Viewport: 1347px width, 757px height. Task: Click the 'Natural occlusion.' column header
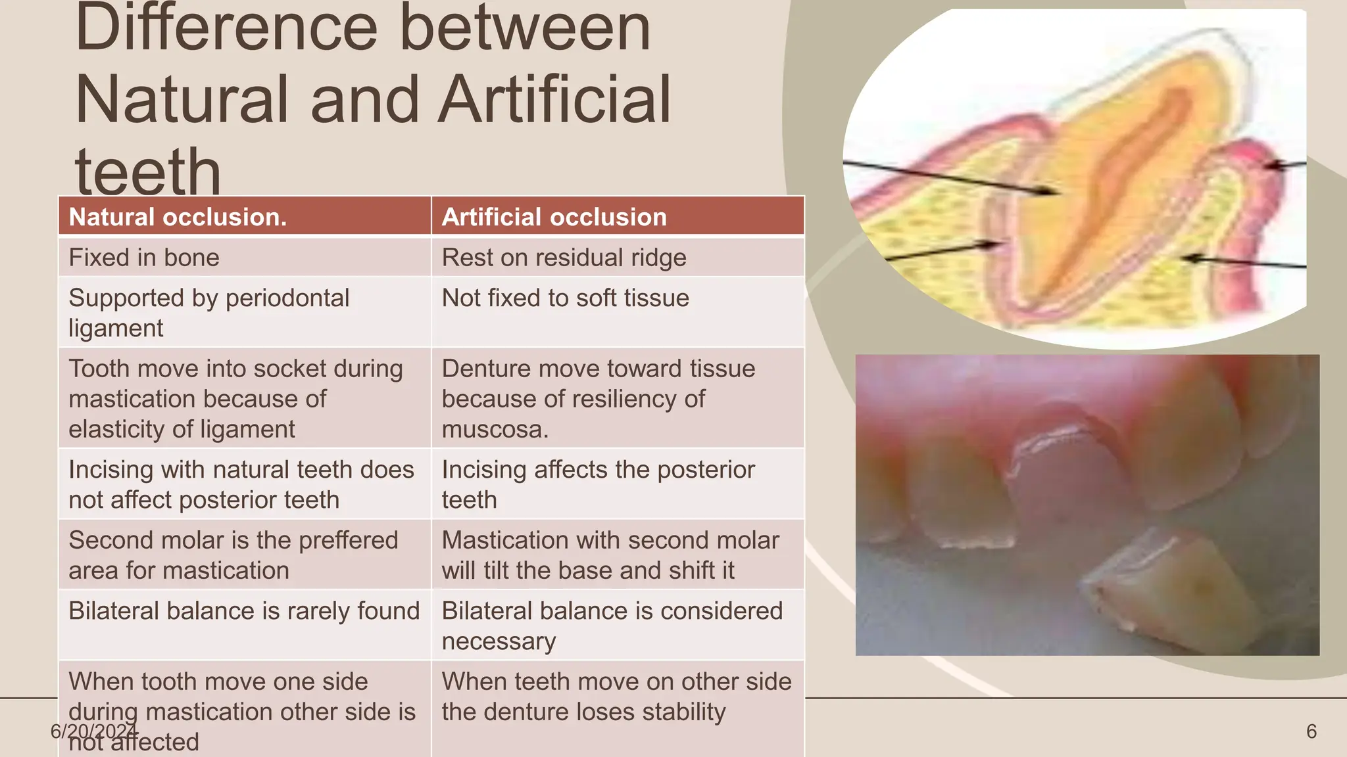(x=178, y=217)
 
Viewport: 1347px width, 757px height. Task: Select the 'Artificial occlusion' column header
(x=554, y=217)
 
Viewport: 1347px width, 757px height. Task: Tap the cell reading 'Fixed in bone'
(x=144, y=258)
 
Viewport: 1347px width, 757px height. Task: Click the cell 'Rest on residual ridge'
(x=564, y=258)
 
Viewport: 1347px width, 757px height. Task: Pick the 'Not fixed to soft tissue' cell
(x=565, y=298)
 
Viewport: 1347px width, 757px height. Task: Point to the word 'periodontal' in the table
(x=287, y=298)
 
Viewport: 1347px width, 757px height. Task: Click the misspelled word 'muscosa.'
(x=495, y=430)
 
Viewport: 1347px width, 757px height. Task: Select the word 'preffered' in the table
(x=348, y=540)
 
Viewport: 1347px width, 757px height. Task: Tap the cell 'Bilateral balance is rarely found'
(x=244, y=611)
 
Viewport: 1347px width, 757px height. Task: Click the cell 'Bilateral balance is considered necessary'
(x=612, y=625)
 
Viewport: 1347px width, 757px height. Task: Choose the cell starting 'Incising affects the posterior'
(x=598, y=484)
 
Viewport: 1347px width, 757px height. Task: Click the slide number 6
(x=1311, y=731)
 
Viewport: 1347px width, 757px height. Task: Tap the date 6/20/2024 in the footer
(x=93, y=731)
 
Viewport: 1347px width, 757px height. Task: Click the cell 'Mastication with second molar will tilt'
(x=610, y=555)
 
